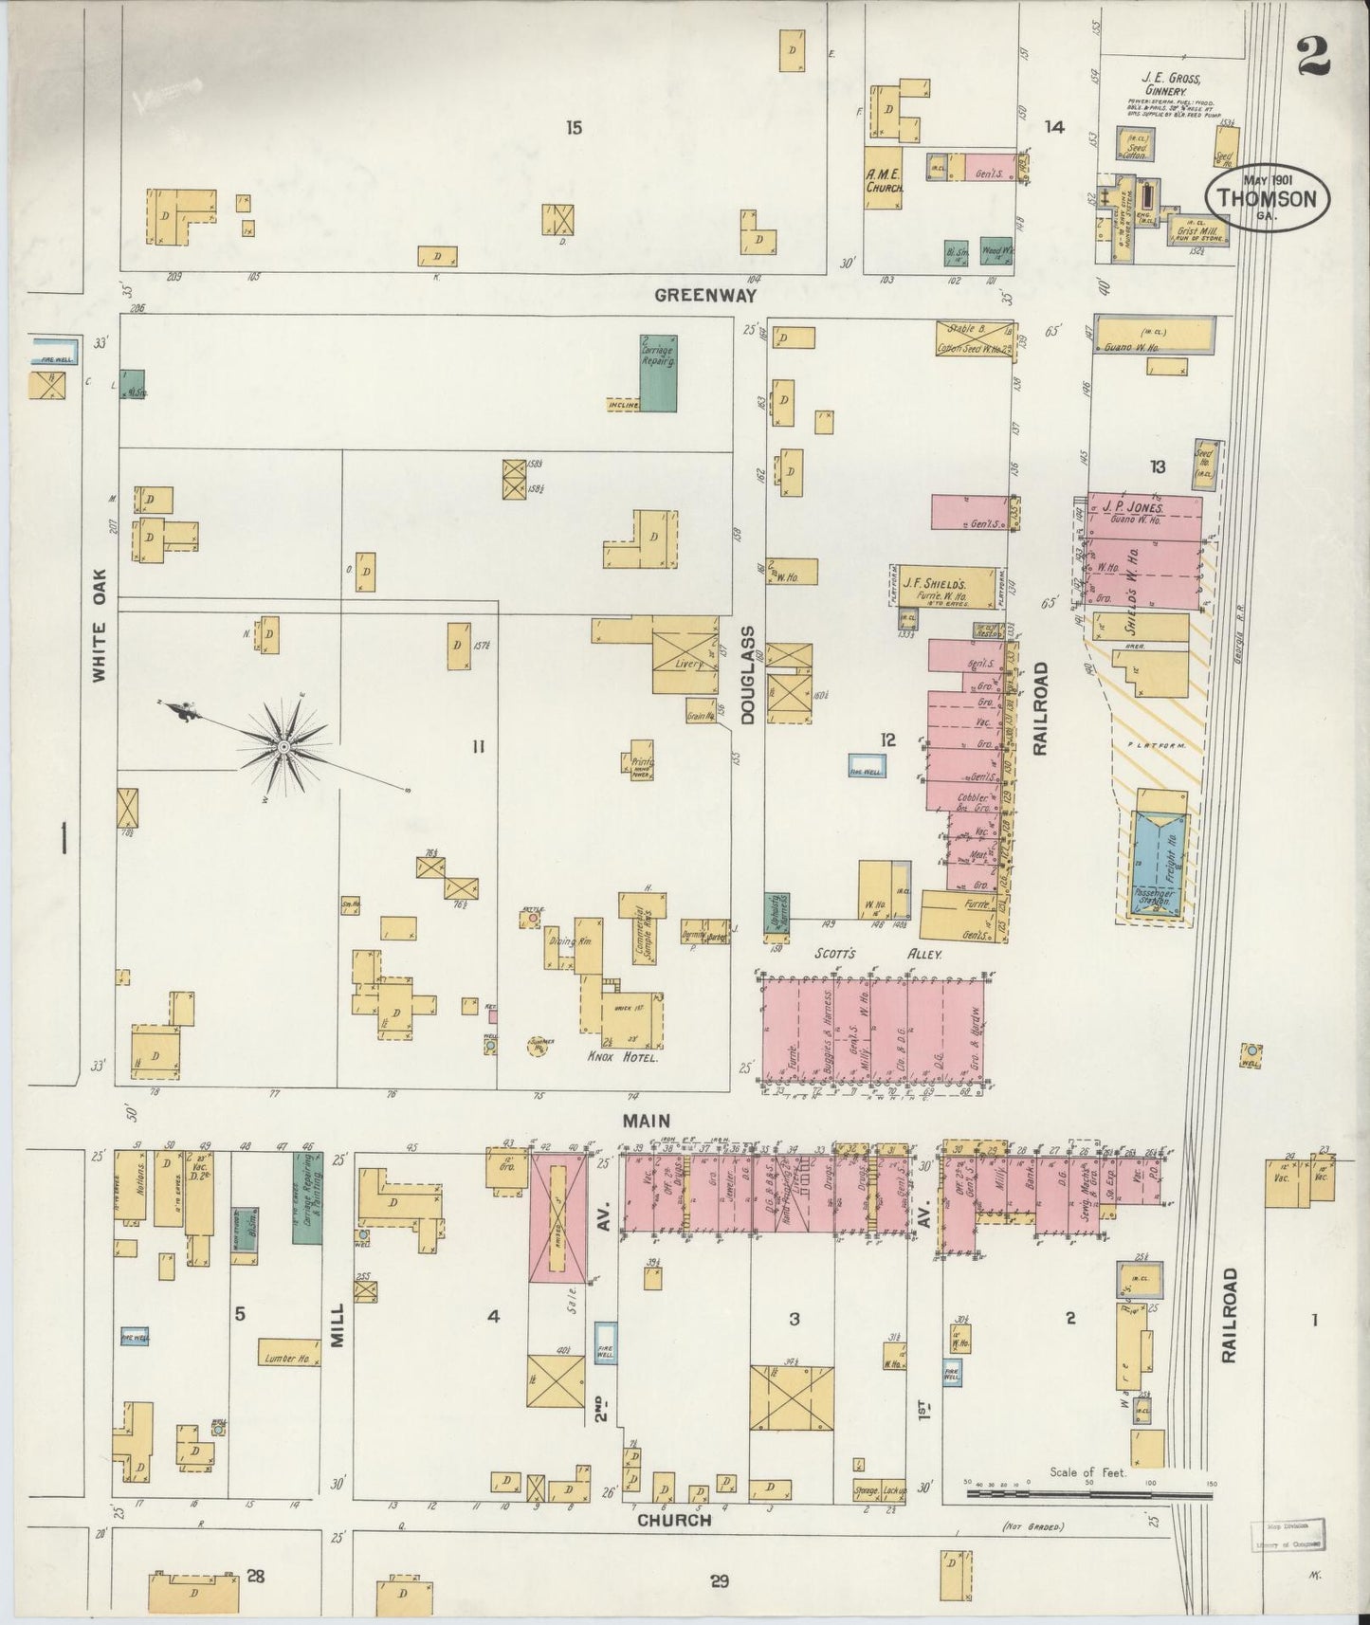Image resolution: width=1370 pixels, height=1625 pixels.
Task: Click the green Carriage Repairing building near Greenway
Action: tap(659, 373)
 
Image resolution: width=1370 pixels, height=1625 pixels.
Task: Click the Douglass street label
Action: tap(747, 674)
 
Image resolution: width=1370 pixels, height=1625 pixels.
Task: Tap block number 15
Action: tap(573, 128)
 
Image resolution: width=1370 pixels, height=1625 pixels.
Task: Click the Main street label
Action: tap(646, 1121)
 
